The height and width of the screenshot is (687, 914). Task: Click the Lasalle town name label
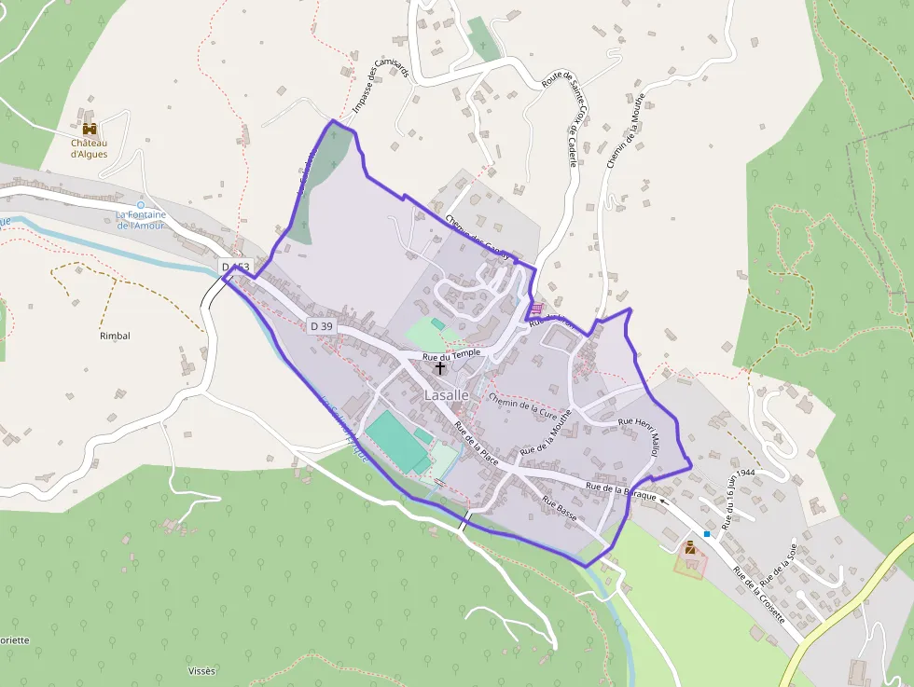point(446,395)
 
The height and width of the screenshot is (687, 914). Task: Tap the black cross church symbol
point(440,368)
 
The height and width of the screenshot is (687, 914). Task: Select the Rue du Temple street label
point(451,353)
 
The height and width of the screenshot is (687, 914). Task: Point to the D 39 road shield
point(321,325)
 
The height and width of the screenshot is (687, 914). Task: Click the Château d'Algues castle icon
point(90,129)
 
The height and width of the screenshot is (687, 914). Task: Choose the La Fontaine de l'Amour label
point(141,219)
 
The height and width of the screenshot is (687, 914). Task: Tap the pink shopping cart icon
point(535,309)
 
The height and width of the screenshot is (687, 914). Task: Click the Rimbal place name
point(115,336)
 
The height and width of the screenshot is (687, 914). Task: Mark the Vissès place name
point(201,671)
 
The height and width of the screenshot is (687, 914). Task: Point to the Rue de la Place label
point(476,445)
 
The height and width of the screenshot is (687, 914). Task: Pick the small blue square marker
point(708,534)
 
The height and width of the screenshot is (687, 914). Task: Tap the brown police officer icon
point(690,548)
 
